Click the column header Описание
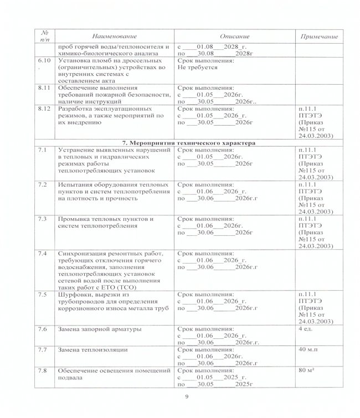click(x=234, y=36)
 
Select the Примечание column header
click(x=318, y=36)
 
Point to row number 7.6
click(x=42, y=329)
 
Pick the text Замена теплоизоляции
click(x=94, y=350)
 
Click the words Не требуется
click(x=197, y=67)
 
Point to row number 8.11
click(x=44, y=87)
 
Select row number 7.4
click(x=42, y=254)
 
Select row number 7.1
click(x=42, y=150)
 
